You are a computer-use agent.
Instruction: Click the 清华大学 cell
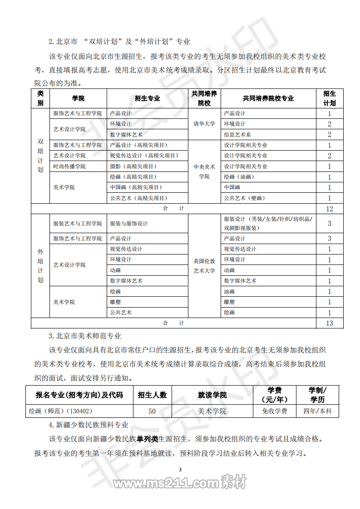click(204, 124)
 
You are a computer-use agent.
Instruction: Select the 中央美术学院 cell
click(204, 171)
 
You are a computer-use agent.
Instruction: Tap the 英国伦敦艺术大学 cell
click(204, 265)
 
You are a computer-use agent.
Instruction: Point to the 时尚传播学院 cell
click(69, 166)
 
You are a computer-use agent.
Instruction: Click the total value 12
click(330, 209)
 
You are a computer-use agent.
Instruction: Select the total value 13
click(330, 323)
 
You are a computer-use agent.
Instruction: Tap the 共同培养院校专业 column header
click(268, 98)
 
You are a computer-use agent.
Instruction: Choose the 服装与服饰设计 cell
click(129, 224)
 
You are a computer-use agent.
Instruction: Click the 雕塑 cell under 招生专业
click(115, 302)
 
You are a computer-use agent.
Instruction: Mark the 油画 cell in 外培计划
click(229, 292)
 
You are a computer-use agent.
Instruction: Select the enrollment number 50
click(152, 411)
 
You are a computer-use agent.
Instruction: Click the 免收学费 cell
click(275, 411)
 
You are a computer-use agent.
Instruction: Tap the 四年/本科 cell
click(317, 411)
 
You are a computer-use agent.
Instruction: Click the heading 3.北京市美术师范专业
click(85, 336)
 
